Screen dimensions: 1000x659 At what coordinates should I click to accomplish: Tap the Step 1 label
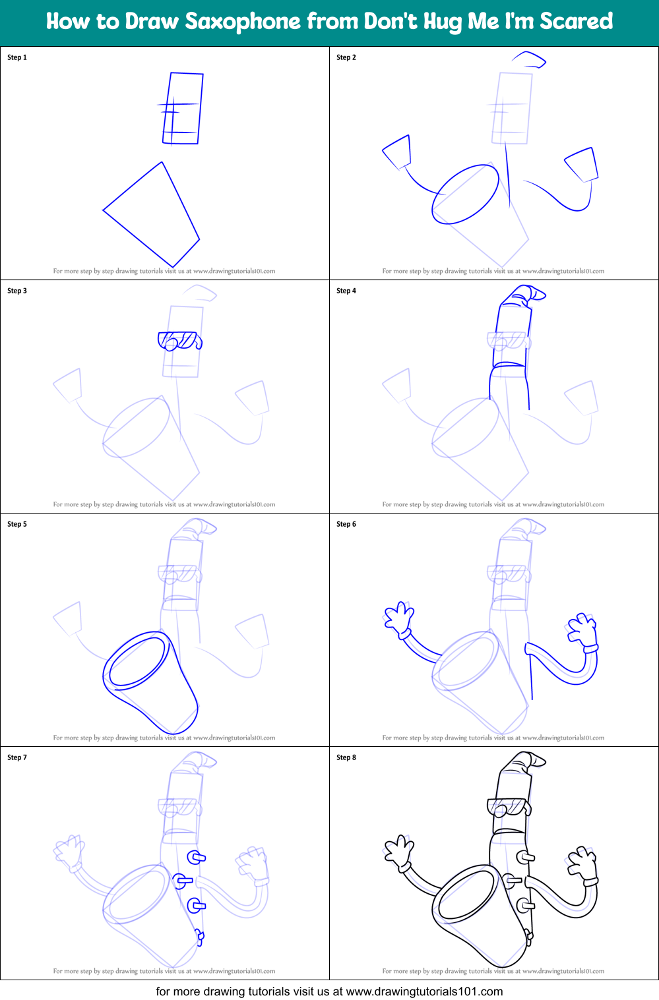tap(17, 57)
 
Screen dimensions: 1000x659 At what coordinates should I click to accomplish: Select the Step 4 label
tap(346, 291)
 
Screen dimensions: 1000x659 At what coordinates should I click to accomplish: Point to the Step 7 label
tap(17, 757)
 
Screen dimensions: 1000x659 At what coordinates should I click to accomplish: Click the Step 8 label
tap(346, 757)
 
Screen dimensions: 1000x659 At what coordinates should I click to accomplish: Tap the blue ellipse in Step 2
tap(466, 194)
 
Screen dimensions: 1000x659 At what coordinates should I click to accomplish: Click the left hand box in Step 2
tap(397, 152)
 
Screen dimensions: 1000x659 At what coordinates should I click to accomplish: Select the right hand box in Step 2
tap(582, 165)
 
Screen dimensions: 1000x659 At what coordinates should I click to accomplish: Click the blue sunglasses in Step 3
tap(179, 341)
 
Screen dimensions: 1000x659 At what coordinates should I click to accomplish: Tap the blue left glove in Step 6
tap(399, 620)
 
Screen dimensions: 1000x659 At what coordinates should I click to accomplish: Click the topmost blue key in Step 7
tap(196, 857)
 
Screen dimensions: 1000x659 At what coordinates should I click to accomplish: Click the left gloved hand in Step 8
tap(398, 853)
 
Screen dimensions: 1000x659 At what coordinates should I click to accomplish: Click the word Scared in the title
tap(576, 22)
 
